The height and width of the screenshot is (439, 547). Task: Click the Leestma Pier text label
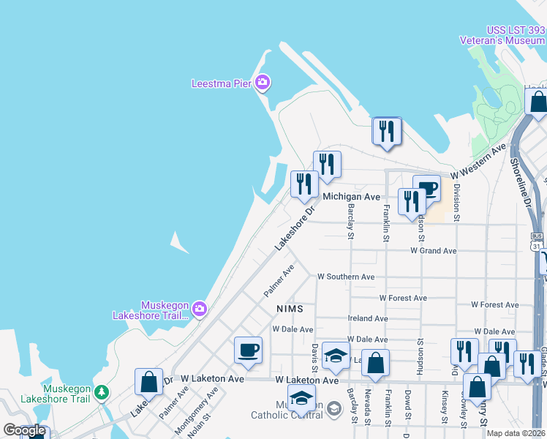click(x=221, y=83)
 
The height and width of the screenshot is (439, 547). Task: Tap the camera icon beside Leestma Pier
click(x=263, y=83)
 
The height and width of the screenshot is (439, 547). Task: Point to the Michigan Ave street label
click(x=352, y=197)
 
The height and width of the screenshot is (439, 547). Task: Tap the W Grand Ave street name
click(x=433, y=251)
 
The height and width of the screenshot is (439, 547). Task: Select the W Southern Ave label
click(x=345, y=277)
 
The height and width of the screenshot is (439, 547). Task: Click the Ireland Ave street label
click(x=368, y=318)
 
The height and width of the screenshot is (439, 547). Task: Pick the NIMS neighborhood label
click(x=289, y=309)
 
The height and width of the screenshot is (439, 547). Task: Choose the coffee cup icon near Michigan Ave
click(x=427, y=189)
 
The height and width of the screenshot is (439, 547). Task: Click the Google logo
click(x=24, y=431)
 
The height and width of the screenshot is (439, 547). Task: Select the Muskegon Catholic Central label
click(x=287, y=410)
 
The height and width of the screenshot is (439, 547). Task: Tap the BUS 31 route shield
click(x=537, y=241)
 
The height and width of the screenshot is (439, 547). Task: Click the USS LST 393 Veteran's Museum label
click(x=505, y=35)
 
